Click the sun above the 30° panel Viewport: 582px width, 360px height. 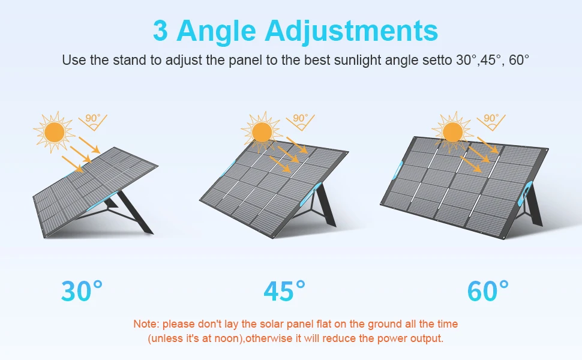pyautogui.click(x=55, y=132)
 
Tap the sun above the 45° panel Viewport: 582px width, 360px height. pyautogui.click(x=262, y=132)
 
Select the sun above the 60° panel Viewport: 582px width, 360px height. pyautogui.click(x=453, y=132)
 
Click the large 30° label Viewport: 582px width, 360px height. pyautogui.click(x=82, y=290)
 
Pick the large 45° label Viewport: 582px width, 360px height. pyautogui.click(x=284, y=290)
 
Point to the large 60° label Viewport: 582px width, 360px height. pyautogui.click(x=488, y=290)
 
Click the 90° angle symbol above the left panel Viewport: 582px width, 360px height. pyautogui.click(x=93, y=121)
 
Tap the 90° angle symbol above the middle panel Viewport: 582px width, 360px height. pyautogui.click(x=300, y=121)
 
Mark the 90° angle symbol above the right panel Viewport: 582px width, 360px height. pyautogui.click(x=491, y=121)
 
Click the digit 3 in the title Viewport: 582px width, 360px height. pyautogui.click(x=160, y=30)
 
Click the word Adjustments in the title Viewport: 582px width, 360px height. pyautogui.click(x=352, y=31)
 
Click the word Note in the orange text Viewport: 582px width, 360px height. pyautogui.click(x=146, y=324)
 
